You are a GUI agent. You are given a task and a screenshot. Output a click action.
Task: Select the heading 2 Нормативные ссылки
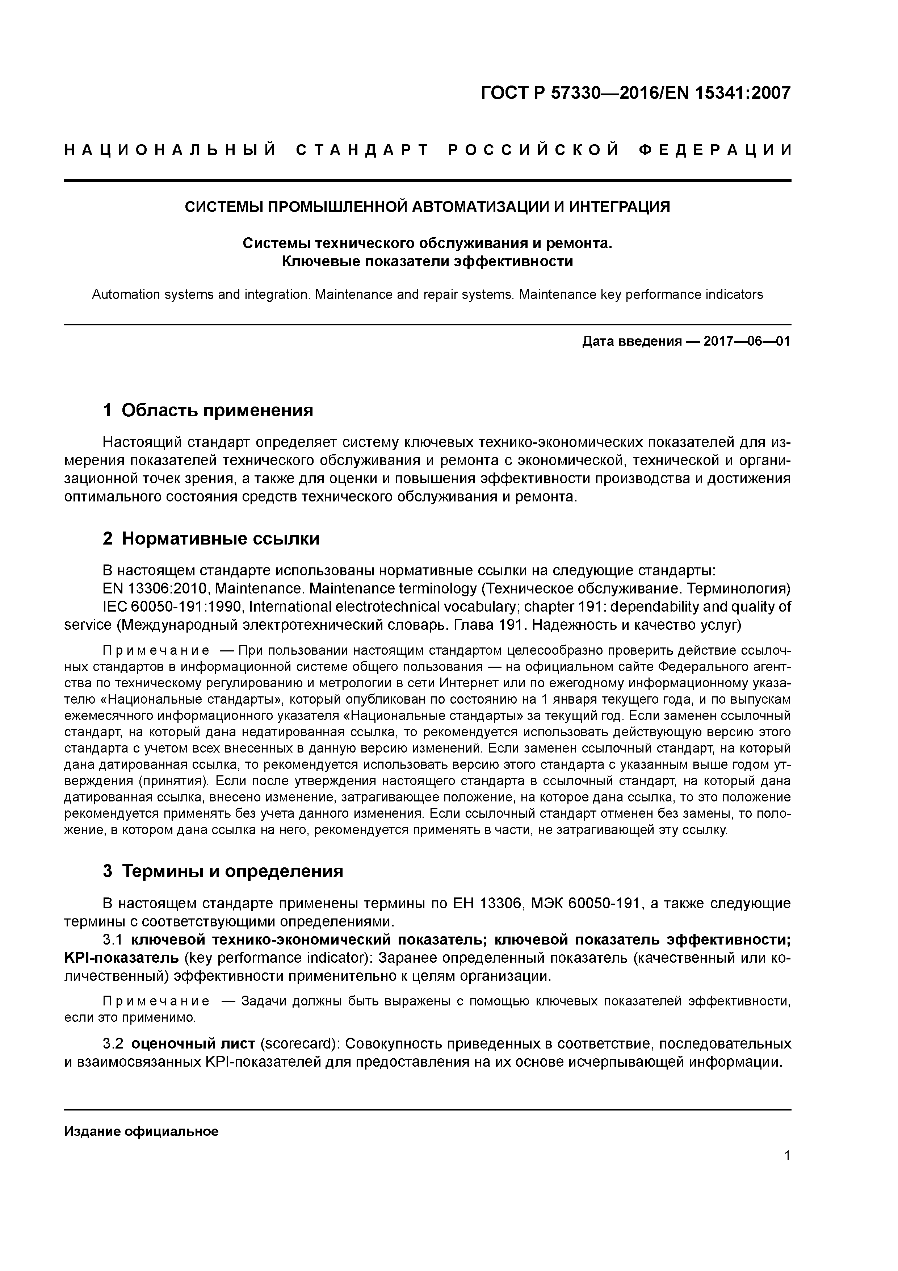(211, 539)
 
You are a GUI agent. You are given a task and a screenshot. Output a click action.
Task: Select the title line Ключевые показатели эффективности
(427, 261)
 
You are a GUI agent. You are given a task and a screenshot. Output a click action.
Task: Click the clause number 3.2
(112, 1044)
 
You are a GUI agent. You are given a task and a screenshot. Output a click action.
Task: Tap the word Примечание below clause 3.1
(156, 1001)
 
